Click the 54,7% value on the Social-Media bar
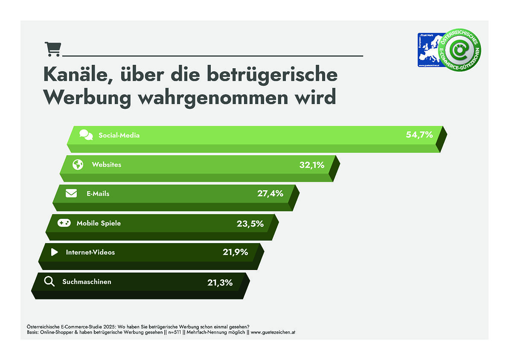tap(419, 135)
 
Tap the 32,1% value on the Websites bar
tap(311, 165)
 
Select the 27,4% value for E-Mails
tap(270, 194)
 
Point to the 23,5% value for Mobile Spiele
tap(250, 224)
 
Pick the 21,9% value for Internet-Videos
tap(235, 252)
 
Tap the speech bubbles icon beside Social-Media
tap(86, 135)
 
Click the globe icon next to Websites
tap(78, 165)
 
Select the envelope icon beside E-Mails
tap(71, 194)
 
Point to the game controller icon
tap(64, 223)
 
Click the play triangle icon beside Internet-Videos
tap(54, 252)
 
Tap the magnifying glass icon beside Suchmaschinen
tap(49, 282)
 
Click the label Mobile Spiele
tap(99, 223)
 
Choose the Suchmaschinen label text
tap(87, 282)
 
